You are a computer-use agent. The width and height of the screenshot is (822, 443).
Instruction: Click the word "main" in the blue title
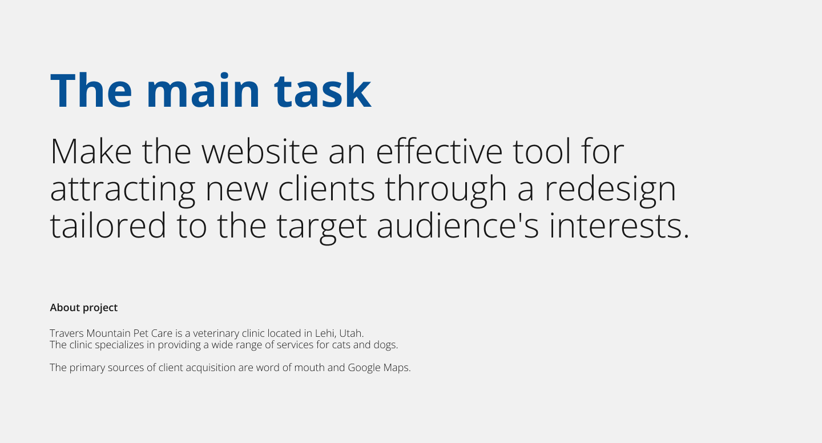click(x=203, y=91)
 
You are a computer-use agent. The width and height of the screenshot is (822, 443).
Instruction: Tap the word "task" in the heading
click(x=323, y=91)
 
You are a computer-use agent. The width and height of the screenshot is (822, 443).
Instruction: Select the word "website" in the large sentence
click(x=260, y=151)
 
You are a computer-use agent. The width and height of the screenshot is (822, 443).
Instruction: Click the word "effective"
click(x=440, y=151)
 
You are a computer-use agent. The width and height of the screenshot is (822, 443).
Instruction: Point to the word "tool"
click(x=542, y=151)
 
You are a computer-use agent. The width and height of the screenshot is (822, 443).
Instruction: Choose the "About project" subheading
click(x=84, y=308)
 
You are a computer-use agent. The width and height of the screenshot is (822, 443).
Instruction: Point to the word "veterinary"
click(x=216, y=333)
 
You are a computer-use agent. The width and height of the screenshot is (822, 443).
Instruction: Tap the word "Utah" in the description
click(x=350, y=333)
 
